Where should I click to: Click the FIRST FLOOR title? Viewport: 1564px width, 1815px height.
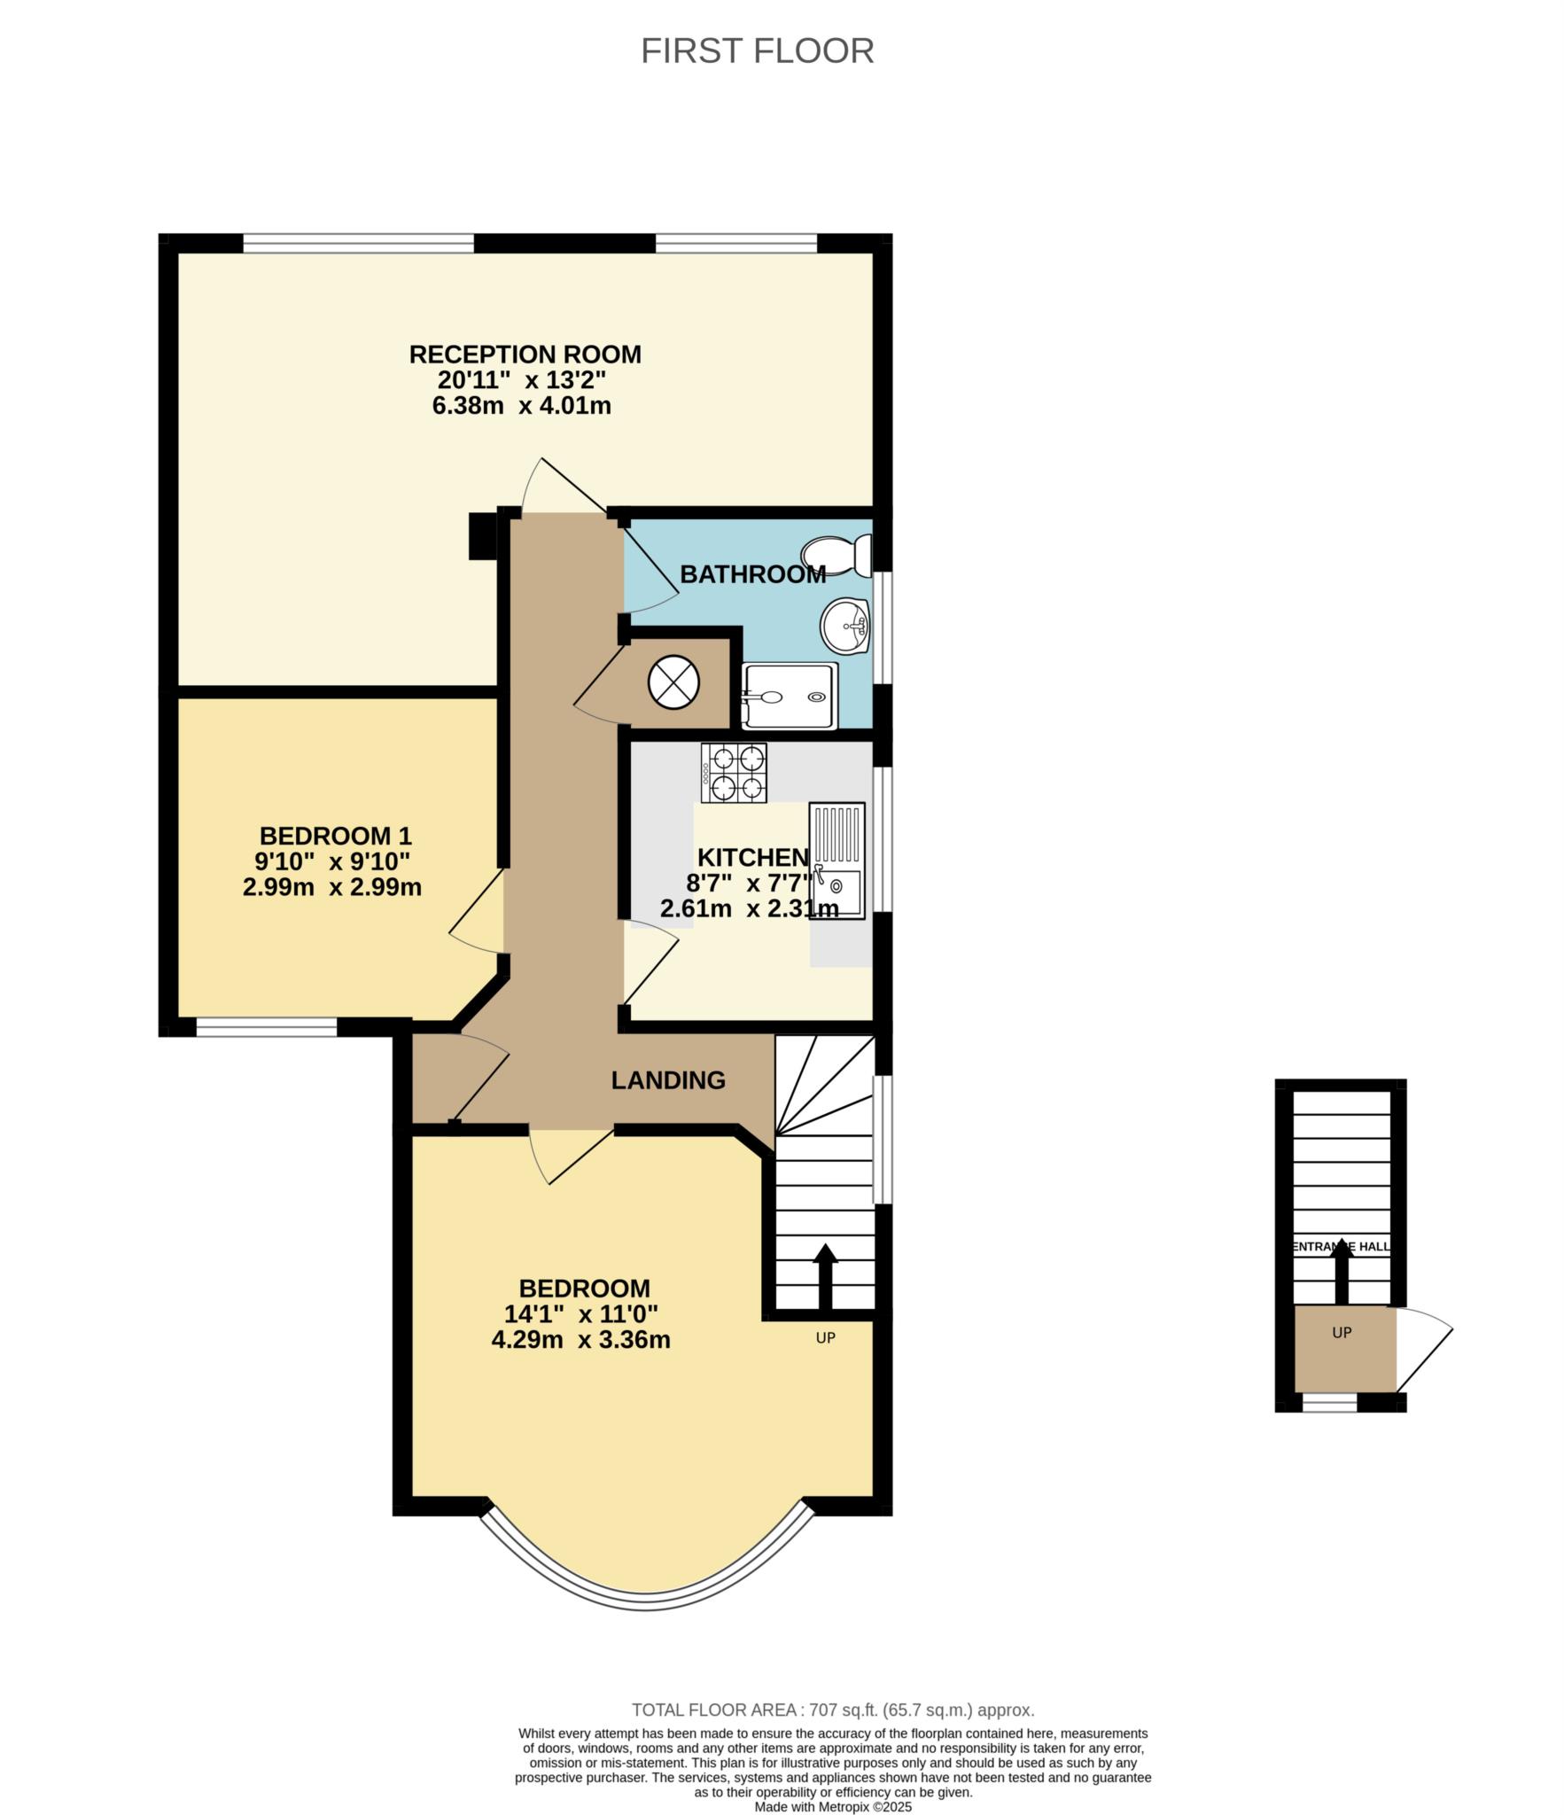point(757,51)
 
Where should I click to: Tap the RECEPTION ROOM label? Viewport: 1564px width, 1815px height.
point(525,354)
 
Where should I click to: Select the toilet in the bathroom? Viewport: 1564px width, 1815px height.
point(836,555)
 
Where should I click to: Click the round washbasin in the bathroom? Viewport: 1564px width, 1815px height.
point(845,625)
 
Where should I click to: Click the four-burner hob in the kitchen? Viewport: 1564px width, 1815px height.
point(734,773)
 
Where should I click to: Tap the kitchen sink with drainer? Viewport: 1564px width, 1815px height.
point(836,861)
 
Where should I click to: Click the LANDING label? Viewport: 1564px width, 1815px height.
point(668,1080)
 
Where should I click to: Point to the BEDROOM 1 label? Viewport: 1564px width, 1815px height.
point(336,836)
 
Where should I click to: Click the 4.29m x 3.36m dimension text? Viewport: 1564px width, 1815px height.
point(580,1339)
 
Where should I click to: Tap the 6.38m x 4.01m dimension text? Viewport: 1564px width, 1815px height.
point(522,406)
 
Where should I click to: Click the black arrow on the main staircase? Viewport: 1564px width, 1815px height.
point(825,1276)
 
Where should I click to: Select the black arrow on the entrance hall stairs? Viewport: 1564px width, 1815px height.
point(1342,1271)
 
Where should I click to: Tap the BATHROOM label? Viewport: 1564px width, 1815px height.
point(753,574)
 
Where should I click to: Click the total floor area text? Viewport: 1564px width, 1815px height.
point(833,1710)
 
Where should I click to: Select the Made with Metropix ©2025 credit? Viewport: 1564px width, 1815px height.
point(833,1807)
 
